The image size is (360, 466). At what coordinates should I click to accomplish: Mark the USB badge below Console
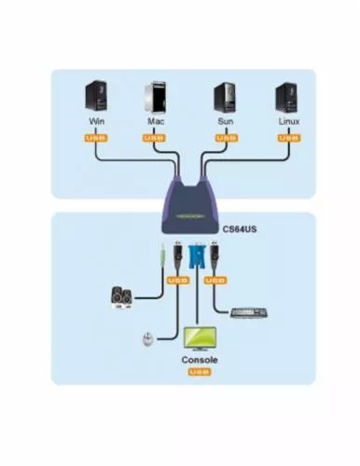click(199, 373)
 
